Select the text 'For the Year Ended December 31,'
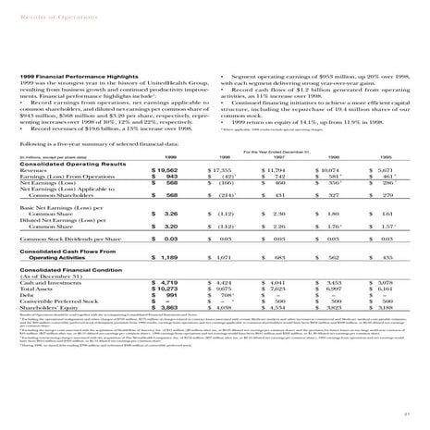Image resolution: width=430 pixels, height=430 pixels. (x=287, y=149)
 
